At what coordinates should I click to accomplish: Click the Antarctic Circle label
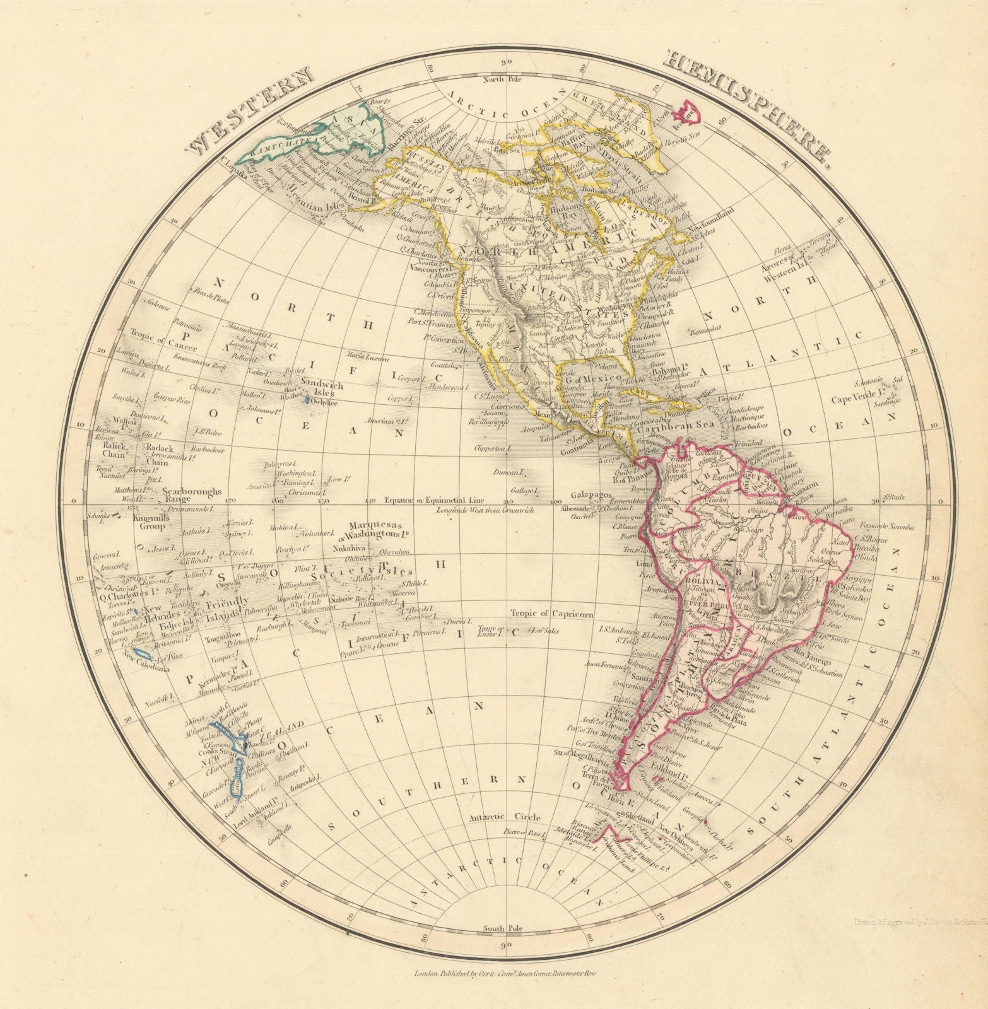(x=504, y=818)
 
